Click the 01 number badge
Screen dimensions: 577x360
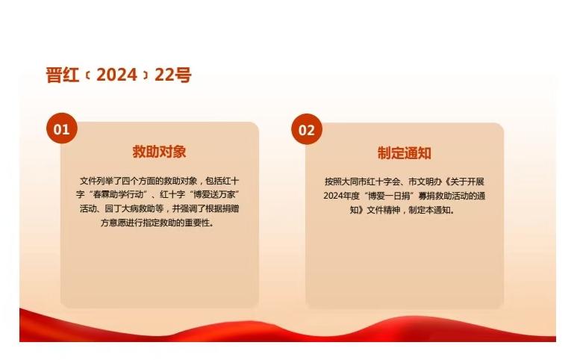coord(62,128)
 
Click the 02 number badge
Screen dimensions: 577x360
coord(307,129)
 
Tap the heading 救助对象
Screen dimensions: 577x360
coord(159,152)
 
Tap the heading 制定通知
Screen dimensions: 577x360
coord(405,153)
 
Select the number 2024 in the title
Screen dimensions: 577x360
coord(116,75)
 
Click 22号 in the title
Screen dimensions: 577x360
coord(173,75)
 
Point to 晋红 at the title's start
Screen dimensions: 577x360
coord(63,75)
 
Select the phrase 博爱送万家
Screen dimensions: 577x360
coord(214,195)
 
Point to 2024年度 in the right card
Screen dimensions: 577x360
coord(341,196)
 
